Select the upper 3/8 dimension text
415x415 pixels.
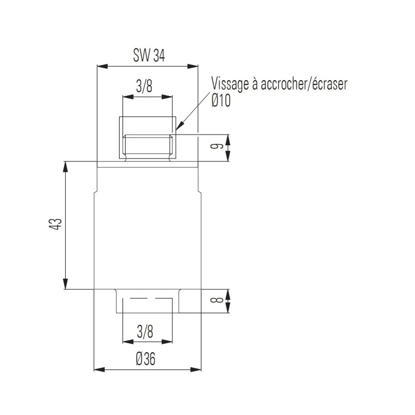coord(145,86)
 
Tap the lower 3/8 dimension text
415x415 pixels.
coord(145,332)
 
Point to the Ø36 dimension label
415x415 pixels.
coord(145,359)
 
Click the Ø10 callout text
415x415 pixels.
coord(221,101)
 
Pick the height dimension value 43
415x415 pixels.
coord(55,225)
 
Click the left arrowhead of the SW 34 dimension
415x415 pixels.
coord(100,67)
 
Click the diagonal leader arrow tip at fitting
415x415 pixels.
coord(176,130)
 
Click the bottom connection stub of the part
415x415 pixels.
coord(147,301)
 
